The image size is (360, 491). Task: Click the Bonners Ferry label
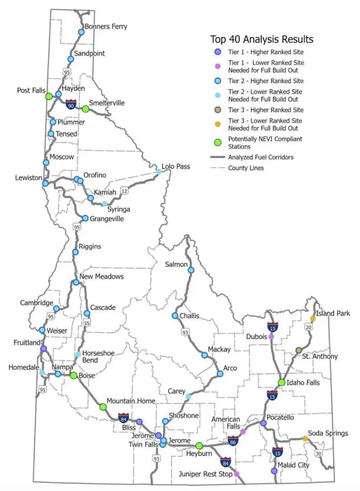[106, 26]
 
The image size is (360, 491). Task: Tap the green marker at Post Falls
[49, 96]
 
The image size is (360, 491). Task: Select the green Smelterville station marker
[85, 109]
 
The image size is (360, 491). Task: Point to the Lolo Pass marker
[159, 171]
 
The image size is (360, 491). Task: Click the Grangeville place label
[107, 218]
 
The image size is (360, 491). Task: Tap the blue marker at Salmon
[191, 270]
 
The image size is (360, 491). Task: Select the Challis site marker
[175, 316]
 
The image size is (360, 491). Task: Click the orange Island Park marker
[313, 319]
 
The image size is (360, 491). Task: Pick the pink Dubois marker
[271, 336]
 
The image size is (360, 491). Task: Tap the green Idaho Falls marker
[281, 382]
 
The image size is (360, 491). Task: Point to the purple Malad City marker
[274, 471]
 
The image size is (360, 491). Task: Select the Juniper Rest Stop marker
[236, 474]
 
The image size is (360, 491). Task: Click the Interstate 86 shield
[234, 441]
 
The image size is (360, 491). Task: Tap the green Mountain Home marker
[102, 406]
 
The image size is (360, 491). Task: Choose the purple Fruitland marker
[43, 348]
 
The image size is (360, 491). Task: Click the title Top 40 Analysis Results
[262, 39]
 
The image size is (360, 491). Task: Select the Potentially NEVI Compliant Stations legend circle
[218, 142]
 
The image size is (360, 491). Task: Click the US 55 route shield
[87, 323]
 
